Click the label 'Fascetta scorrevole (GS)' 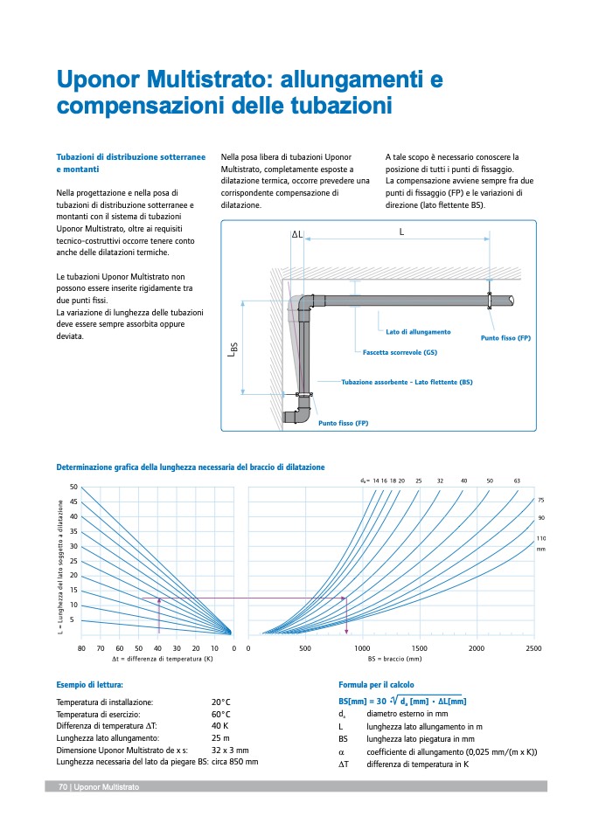tap(400, 352)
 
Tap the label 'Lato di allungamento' tap(418, 332)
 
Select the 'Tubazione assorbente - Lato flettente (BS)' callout tap(407, 382)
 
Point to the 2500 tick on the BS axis tap(533, 647)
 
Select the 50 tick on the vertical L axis tap(73, 487)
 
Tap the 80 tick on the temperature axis tap(81, 647)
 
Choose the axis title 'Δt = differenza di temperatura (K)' tap(163, 658)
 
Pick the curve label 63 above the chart tap(517, 481)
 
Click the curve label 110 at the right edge tap(540, 537)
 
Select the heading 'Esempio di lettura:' tap(89, 685)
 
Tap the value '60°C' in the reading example tap(220, 713)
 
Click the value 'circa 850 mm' tap(234, 762)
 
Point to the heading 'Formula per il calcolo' tap(376, 685)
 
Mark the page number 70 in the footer tap(63, 787)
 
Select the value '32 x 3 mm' tap(230, 750)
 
